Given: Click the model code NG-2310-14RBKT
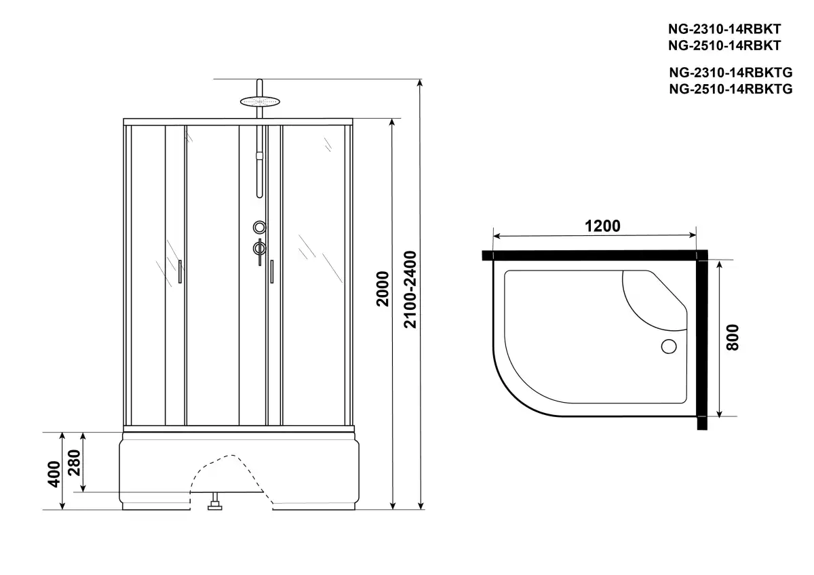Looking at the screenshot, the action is [x=724, y=28].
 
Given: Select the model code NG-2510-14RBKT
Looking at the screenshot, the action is [x=724, y=45].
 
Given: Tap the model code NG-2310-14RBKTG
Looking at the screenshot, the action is [x=731, y=73].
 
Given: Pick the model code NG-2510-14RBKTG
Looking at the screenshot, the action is [x=731, y=89].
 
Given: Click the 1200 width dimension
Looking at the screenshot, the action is [x=602, y=226].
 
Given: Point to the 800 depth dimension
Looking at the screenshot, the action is [x=733, y=338].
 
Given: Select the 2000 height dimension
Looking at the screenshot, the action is [x=383, y=289].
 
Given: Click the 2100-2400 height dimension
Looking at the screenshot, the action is [x=410, y=290].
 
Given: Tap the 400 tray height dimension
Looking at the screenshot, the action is [x=54, y=474].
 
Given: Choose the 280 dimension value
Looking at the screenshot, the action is [x=75, y=462].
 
